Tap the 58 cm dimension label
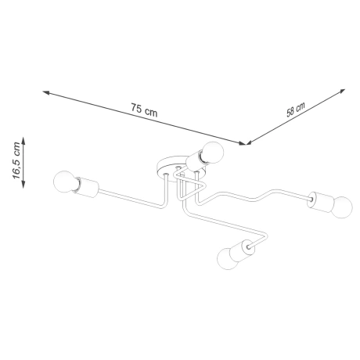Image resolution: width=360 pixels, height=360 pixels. tap(295, 109)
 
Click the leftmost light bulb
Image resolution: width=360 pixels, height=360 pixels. tap(63, 183)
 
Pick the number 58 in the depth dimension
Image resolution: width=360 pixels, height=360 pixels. tap(291, 111)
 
